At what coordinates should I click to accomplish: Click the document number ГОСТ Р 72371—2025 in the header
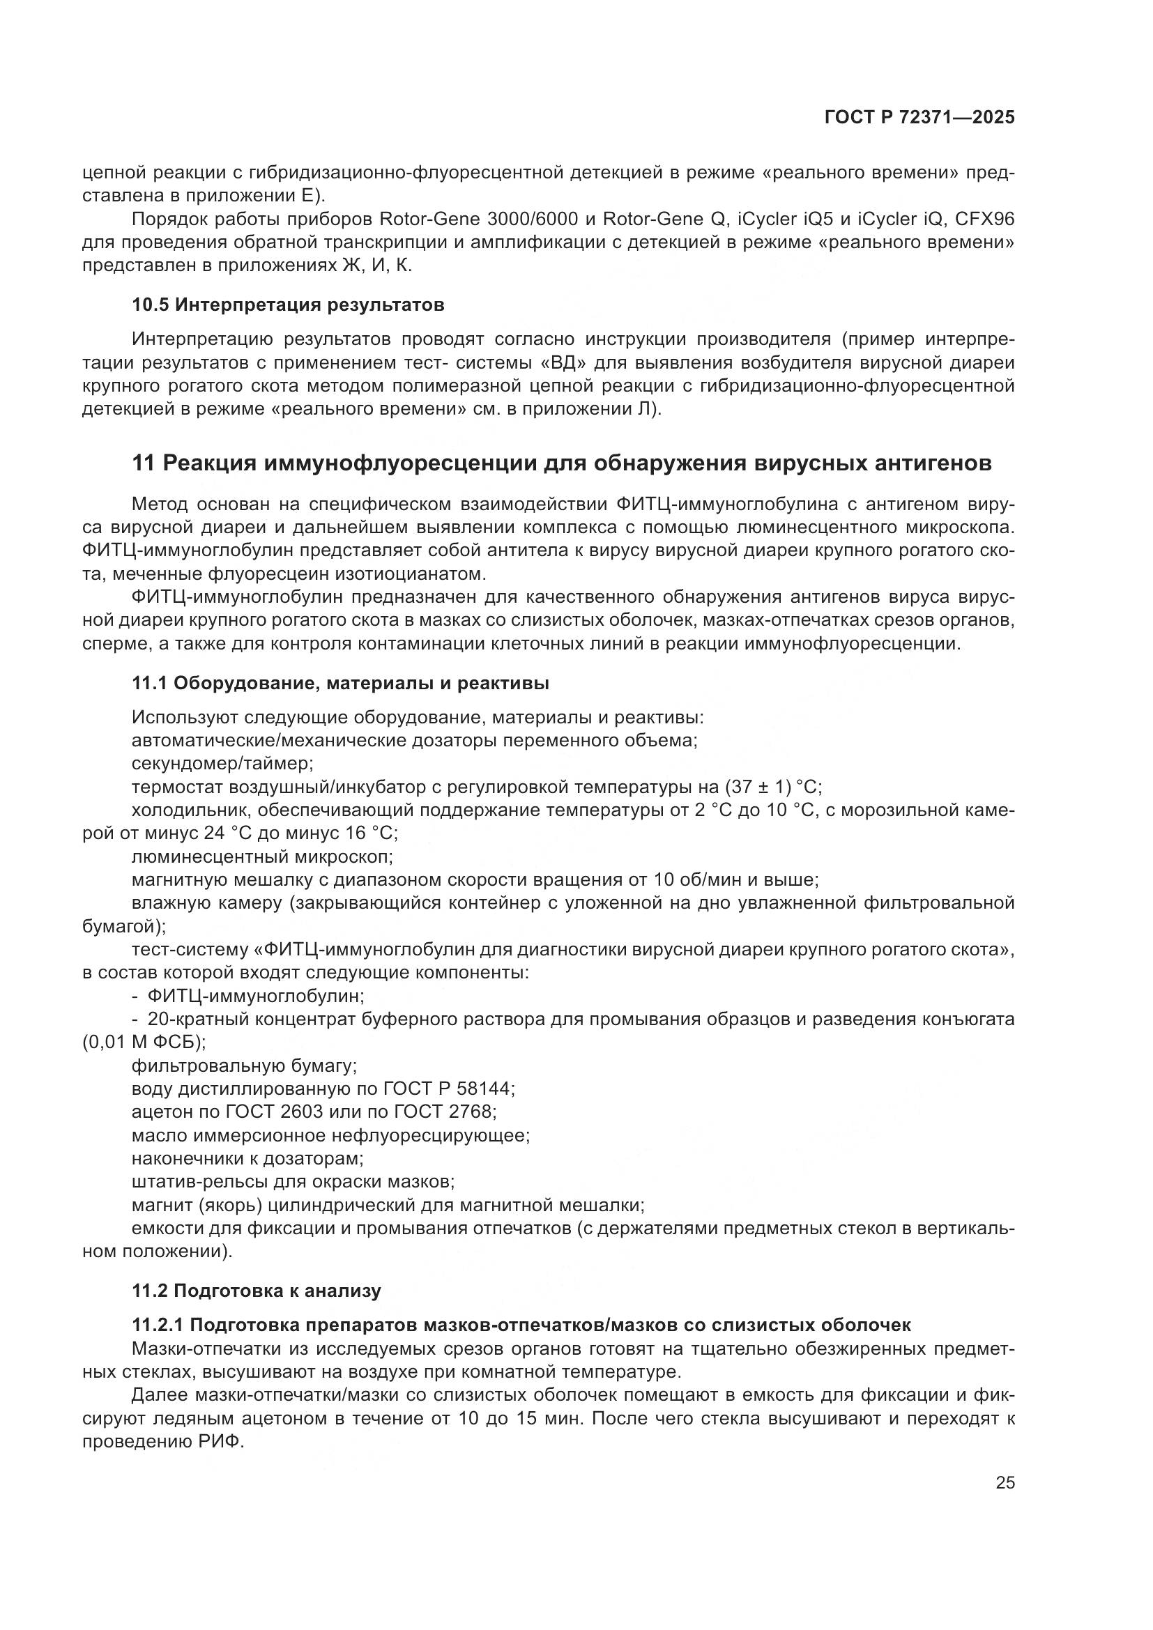919,118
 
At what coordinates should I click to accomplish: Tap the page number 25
1005,1482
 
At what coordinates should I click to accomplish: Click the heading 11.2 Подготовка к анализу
257,1291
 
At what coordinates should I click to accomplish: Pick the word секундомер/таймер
222,764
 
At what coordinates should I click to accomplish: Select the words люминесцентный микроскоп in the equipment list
262,857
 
